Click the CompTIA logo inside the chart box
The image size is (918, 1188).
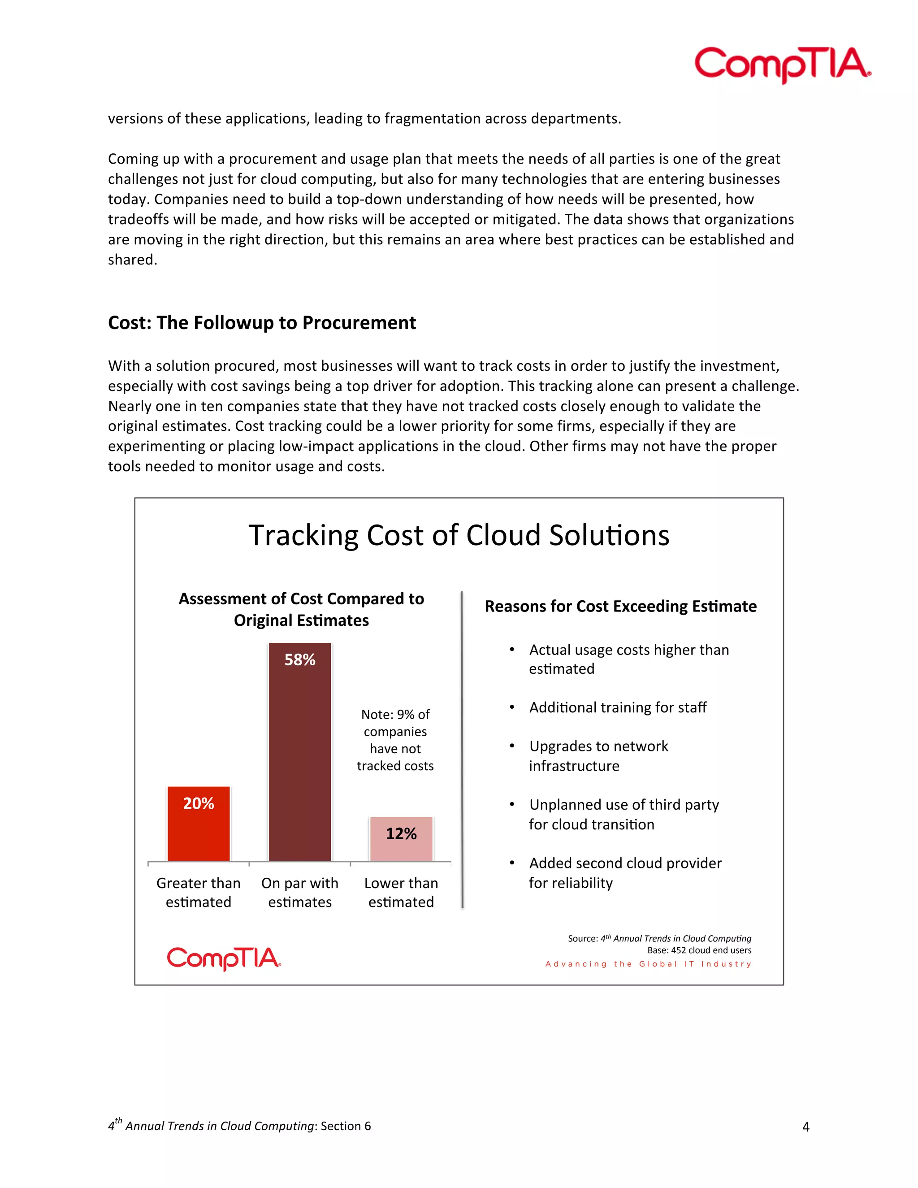(x=224, y=958)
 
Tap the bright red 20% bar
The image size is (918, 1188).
(x=199, y=824)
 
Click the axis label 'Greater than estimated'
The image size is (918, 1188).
(x=199, y=892)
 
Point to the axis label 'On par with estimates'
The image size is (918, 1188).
(x=300, y=892)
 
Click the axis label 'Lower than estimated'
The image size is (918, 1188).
(x=401, y=892)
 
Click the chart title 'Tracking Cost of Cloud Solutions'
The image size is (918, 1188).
(x=459, y=535)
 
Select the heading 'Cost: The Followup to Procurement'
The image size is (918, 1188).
(x=262, y=323)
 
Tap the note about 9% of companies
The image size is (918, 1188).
(x=395, y=740)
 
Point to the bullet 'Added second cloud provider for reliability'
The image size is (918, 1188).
(x=625, y=872)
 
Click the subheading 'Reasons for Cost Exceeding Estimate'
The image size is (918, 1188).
(x=620, y=606)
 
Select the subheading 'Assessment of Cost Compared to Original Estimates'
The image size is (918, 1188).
(x=301, y=609)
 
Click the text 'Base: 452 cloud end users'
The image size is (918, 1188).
(x=699, y=950)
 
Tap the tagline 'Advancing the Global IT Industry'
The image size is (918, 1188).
(x=648, y=964)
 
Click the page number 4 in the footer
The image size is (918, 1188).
(x=805, y=1127)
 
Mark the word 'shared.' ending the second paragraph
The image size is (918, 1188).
(x=132, y=260)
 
